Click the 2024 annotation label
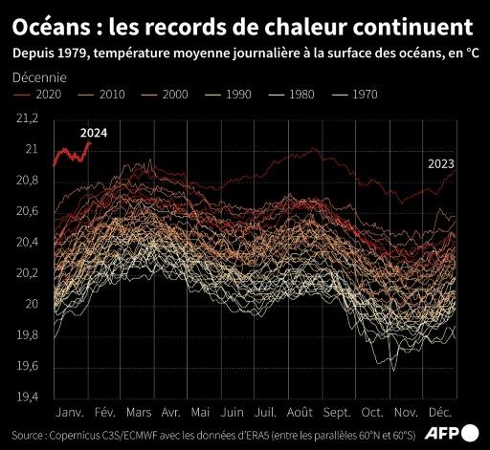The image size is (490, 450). (x=94, y=133)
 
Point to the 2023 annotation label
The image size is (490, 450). (x=440, y=163)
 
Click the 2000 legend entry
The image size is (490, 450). (x=174, y=95)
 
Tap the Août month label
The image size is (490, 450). (x=300, y=413)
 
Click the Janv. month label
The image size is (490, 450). (x=71, y=413)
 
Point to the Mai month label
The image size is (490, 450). (x=201, y=413)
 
